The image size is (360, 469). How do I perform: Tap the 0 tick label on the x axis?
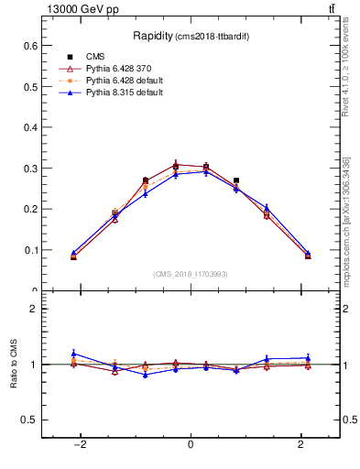(191, 444)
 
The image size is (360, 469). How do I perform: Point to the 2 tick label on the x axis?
(301, 444)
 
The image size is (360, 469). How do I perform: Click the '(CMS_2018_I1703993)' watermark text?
(191, 274)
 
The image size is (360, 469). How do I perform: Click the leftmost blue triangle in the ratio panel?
(73, 353)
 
